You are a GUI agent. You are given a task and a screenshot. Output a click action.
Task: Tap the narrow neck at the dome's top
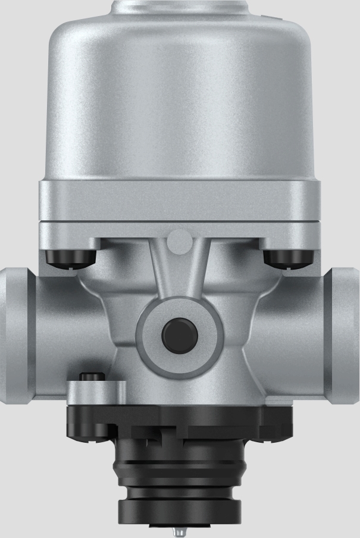click(180, 7)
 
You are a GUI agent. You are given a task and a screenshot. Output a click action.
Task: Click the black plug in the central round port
click(180, 333)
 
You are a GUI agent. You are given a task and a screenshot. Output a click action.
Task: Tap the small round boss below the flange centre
click(180, 240)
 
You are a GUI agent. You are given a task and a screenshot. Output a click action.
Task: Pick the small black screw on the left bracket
click(92, 376)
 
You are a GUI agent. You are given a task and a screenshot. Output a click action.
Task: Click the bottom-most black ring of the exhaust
click(180, 509)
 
